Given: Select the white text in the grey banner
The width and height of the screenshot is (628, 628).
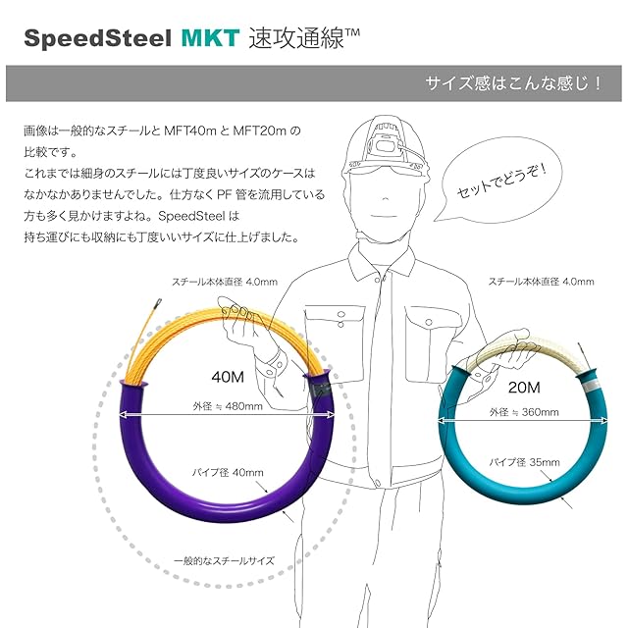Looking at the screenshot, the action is pos(512,84).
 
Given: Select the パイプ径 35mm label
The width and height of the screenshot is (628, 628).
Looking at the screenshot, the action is pos(526,462).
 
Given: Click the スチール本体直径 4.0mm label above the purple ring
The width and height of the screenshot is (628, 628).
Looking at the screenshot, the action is pos(224,282).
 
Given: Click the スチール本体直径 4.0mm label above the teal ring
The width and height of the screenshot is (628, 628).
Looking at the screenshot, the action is pos(542,282).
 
